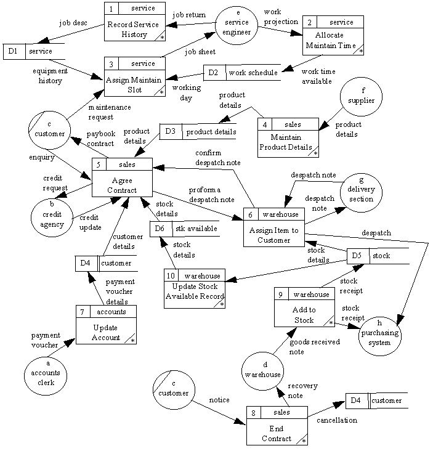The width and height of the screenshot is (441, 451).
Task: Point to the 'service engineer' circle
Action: [236, 26]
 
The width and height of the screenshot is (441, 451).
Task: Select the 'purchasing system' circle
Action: [379, 334]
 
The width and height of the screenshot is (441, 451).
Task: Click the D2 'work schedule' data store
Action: [242, 73]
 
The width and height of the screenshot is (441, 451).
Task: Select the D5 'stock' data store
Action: [378, 256]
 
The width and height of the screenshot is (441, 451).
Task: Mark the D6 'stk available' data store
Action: [184, 229]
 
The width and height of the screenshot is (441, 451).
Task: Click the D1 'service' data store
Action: [34, 51]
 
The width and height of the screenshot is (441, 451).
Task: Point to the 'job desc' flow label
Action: [73, 23]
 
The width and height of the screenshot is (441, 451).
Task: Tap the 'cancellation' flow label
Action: [336, 420]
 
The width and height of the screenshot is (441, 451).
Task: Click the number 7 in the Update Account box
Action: [82, 312]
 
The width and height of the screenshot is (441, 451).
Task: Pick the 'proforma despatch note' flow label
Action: [211, 195]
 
